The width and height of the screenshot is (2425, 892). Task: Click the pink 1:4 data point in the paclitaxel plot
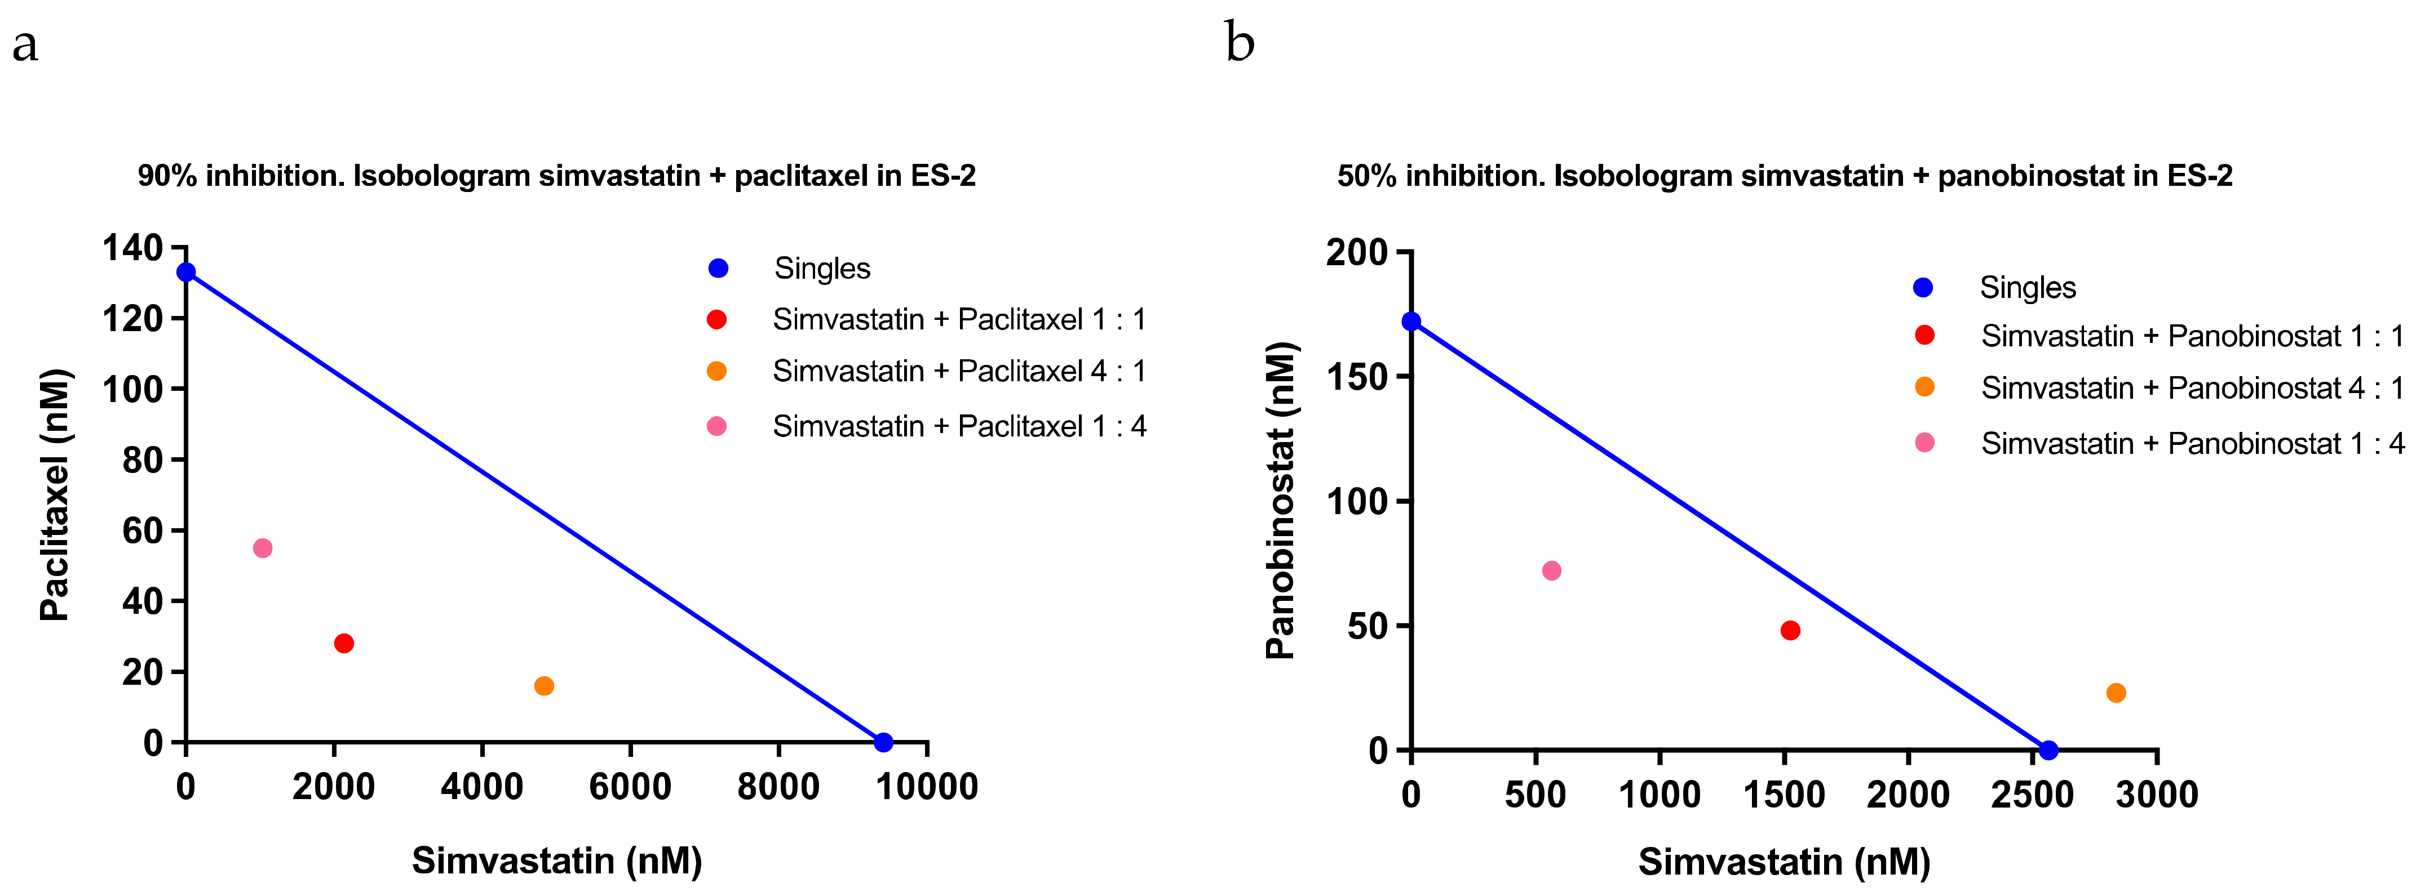263,548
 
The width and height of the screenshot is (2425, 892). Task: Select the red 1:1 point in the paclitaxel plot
344,644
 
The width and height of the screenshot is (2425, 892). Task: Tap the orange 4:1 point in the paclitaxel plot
544,686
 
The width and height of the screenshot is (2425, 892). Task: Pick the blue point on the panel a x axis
883,742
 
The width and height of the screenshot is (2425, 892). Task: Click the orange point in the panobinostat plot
2116,693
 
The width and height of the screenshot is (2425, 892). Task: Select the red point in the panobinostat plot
1790,630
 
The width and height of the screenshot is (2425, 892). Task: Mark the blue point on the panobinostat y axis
1411,322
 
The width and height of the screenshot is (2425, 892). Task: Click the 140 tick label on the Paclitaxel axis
132,248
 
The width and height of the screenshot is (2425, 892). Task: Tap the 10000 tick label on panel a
927,787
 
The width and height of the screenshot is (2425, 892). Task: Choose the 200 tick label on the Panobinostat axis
1357,252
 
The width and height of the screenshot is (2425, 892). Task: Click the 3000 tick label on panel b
2157,794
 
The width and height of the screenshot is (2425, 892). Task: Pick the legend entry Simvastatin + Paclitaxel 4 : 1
958,372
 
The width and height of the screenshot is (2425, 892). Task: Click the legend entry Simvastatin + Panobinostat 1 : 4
2192,443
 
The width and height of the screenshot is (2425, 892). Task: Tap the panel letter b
1240,43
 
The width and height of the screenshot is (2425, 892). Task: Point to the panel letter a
25,45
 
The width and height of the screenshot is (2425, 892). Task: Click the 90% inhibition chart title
556,176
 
